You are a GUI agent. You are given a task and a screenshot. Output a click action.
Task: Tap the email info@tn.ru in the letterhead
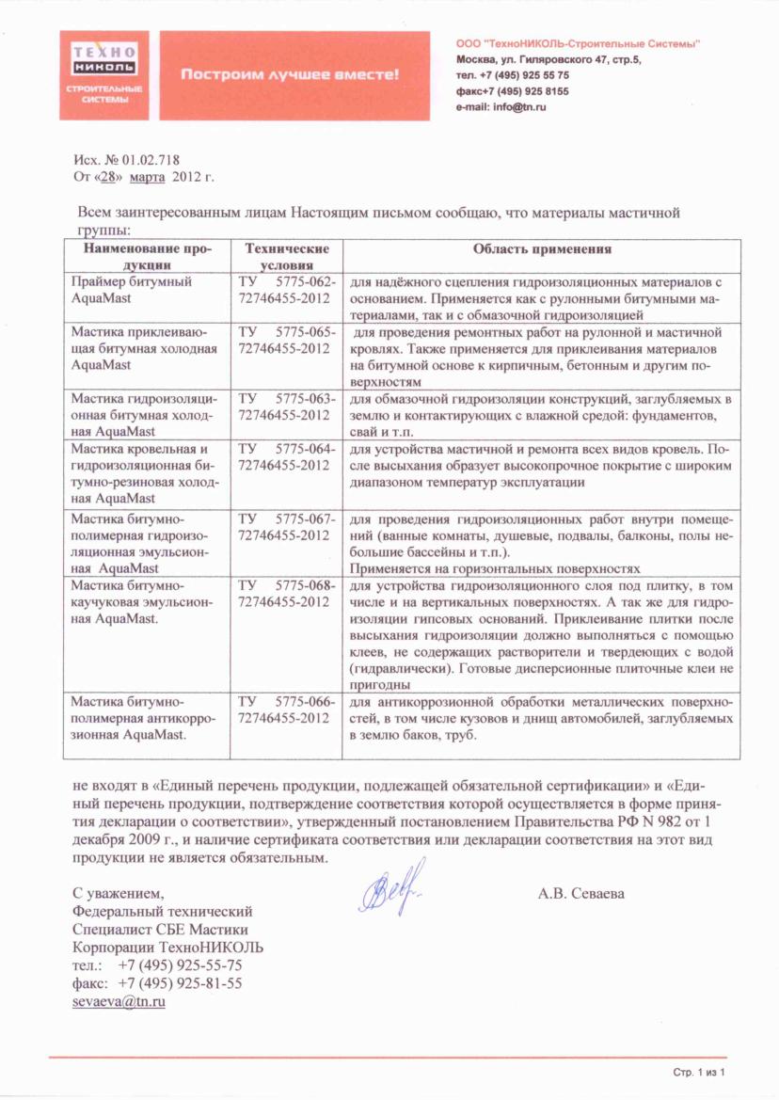(x=501, y=107)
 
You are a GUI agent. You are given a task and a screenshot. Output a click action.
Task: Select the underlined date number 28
(x=112, y=176)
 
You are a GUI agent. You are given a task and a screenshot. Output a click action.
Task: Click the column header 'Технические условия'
(x=286, y=257)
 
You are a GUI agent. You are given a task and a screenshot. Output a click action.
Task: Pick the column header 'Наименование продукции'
(x=147, y=257)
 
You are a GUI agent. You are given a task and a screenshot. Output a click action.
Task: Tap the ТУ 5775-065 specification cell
(x=286, y=341)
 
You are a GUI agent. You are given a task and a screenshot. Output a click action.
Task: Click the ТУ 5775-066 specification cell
(x=286, y=709)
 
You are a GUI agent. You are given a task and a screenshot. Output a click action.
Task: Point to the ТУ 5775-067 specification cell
(x=286, y=527)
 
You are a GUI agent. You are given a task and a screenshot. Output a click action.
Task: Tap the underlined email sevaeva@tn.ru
(x=119, y=1001)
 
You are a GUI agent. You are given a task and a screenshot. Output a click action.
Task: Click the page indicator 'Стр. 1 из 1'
(x=701, y=1072)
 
